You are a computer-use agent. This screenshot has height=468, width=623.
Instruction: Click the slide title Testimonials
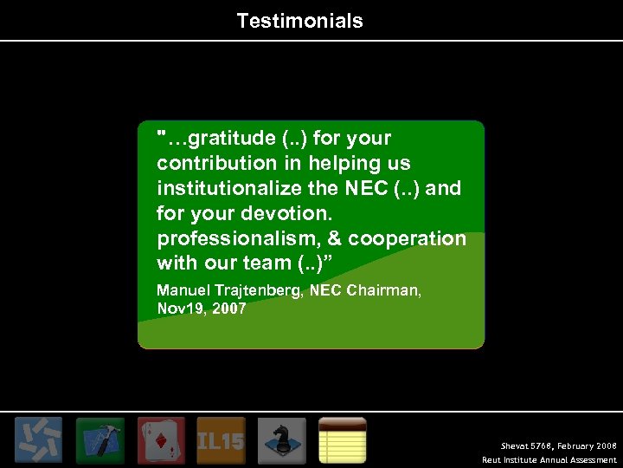click(299, 21)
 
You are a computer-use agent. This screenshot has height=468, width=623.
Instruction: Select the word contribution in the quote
click(207, 164)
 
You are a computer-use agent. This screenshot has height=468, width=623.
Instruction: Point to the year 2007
click(228, 309)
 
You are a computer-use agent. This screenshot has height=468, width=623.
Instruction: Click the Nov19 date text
click(179, 309)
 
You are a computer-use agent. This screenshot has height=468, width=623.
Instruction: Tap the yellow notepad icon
click(343, 440)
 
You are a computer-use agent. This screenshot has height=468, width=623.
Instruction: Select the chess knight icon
click(281, 440)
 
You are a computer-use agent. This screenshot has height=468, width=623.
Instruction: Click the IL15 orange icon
click(221, 440)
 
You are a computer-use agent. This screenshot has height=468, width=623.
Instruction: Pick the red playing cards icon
click(161, 440)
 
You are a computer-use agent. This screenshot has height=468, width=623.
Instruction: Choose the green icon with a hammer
click(100, 440)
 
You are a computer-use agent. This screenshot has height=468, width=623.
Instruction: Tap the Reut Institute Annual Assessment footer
click(549, 460)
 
